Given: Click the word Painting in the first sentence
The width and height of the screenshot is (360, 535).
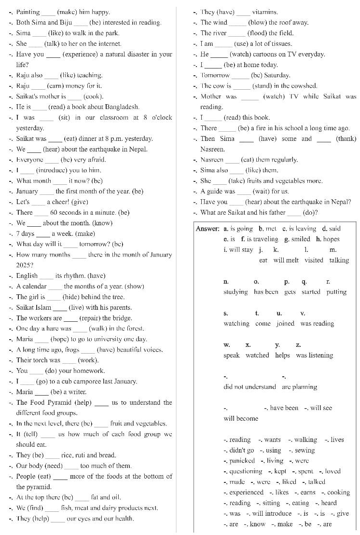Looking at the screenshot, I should point(28,12).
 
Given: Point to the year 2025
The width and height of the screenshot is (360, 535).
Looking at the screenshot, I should point(24,265).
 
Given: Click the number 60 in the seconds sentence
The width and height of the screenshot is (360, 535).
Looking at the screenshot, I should point(54,212).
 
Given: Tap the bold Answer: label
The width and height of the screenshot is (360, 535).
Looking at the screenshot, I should point(208,229).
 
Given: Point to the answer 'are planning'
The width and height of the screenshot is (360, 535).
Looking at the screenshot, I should point(299,387).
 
